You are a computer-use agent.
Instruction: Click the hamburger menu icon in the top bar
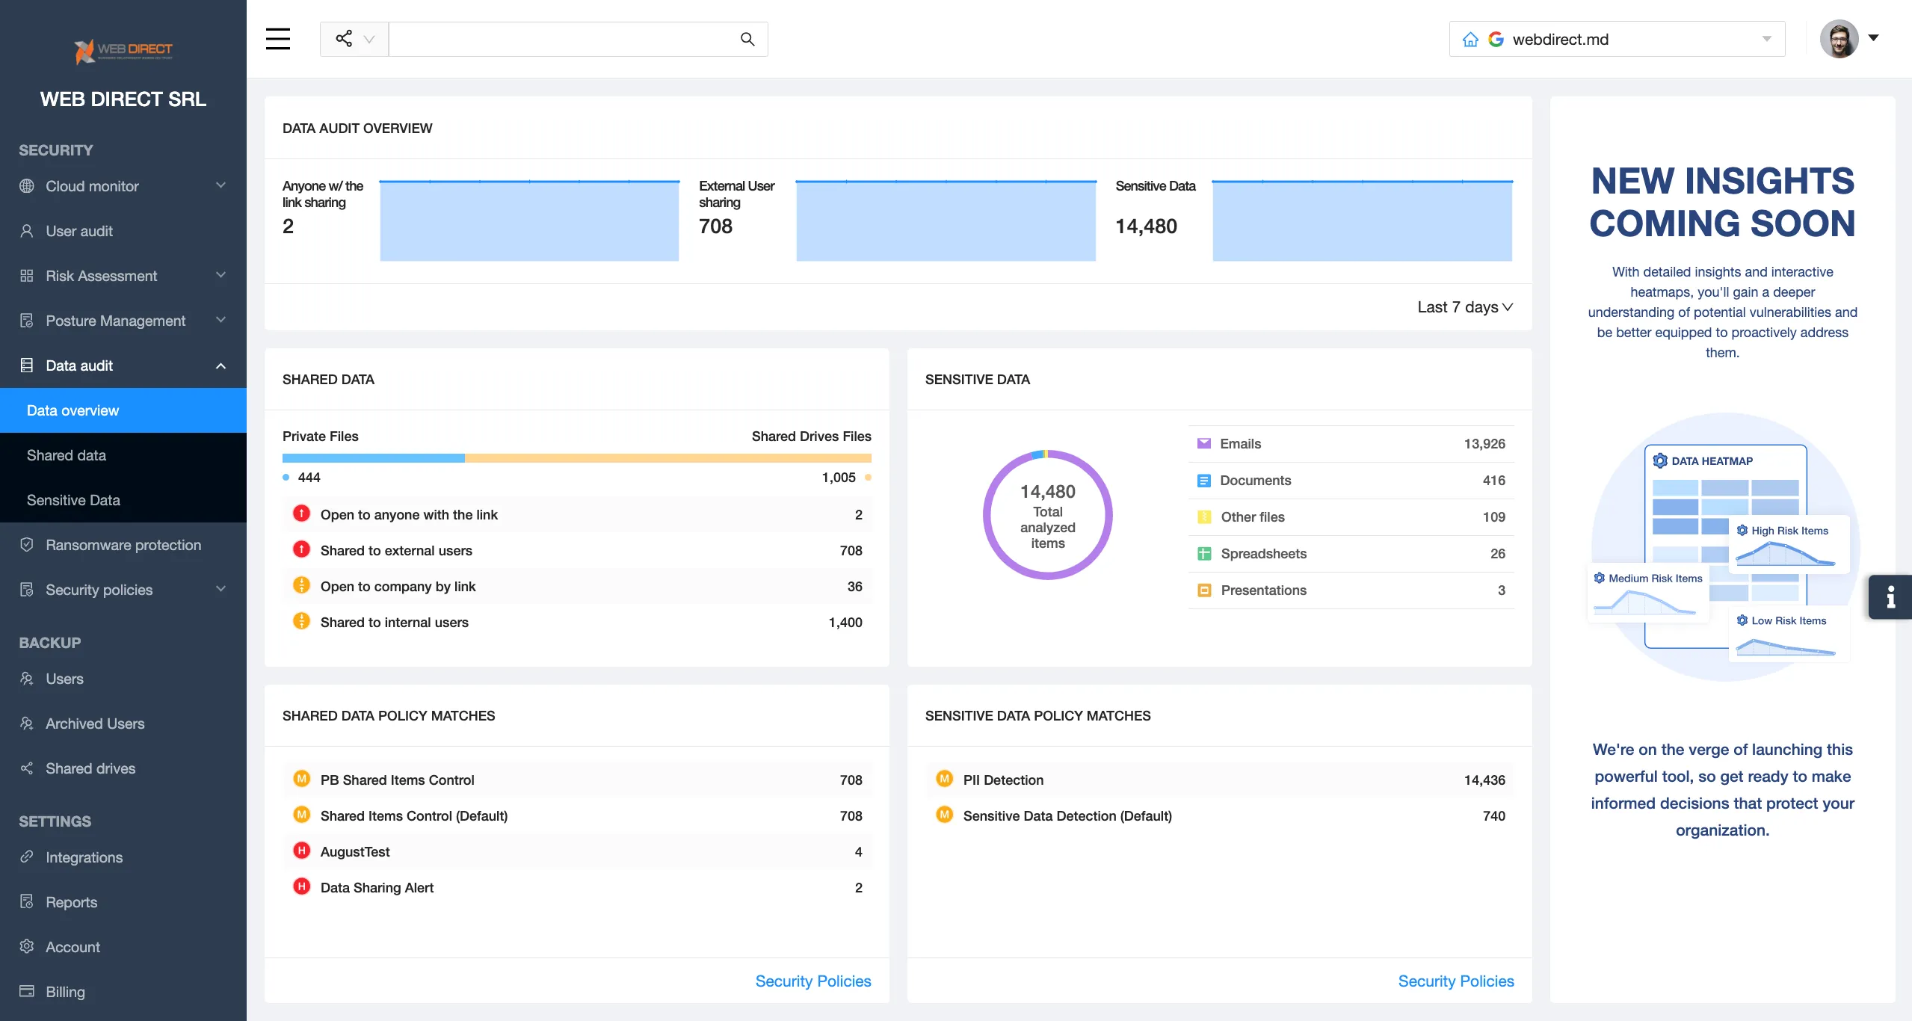pos(278,39)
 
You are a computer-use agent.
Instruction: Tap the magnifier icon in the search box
pos(747,39)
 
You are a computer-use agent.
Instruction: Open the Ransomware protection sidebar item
pos(123,545)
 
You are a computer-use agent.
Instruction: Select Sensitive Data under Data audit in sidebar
pos(73,500)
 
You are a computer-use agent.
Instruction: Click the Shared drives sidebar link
pos(90,768)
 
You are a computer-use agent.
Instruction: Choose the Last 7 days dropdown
pos(1464,307)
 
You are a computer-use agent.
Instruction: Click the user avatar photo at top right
pos(1839,39)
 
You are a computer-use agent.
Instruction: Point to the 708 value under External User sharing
pos(715,226)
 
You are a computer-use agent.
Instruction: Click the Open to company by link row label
pos(398,587)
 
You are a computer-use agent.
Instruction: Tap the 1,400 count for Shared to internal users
pos(845,623)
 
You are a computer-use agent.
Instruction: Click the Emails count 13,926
pos(1484,444)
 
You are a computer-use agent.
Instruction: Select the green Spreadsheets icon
pos(1204,554)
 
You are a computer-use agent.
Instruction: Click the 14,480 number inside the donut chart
pos(1047,492)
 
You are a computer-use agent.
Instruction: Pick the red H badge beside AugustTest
pos(302,851)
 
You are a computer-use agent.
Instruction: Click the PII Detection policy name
pos(1003,780)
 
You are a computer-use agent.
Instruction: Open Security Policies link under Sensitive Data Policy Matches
pos(1455,981)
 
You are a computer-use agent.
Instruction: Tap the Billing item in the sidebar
pos(65,992)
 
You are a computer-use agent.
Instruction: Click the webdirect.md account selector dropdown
pos(1617,39)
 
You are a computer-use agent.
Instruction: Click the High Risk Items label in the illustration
pos(1789,531)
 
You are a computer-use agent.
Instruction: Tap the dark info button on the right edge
pos(1890,596)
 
